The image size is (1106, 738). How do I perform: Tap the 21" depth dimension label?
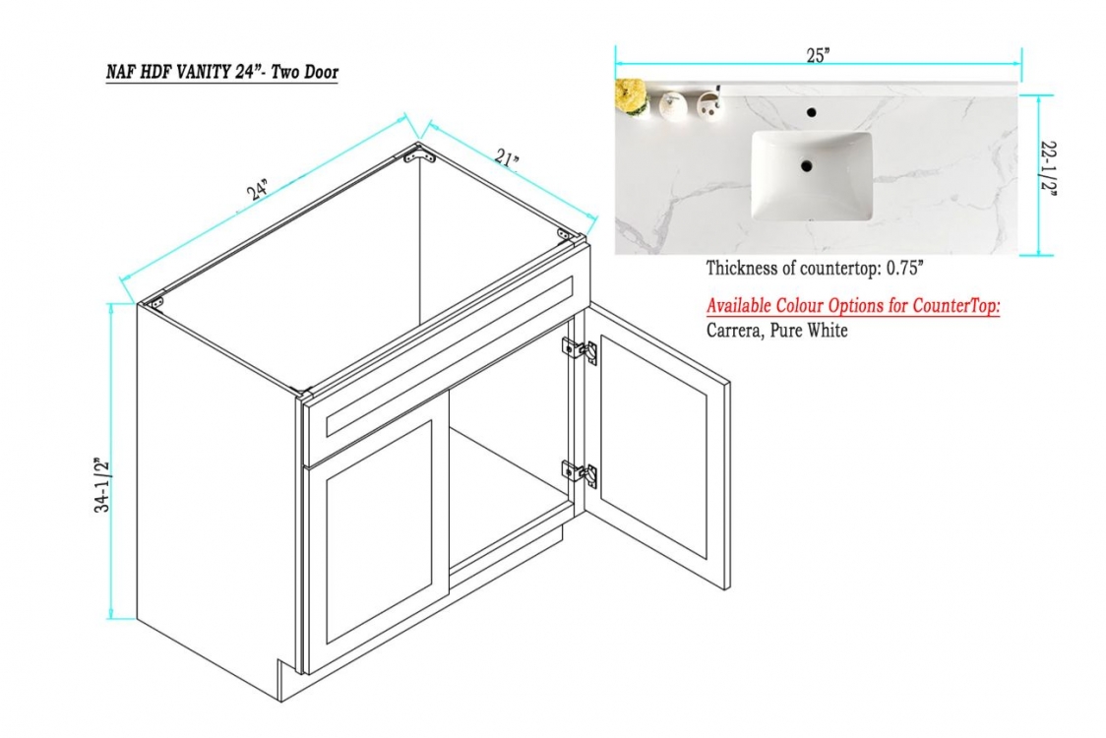click(507, 158)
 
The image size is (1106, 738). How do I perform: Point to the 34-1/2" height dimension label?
click(103, 485)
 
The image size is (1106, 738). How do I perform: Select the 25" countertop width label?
click(818, 56)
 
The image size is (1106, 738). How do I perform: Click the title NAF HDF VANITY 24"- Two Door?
click(222, 72)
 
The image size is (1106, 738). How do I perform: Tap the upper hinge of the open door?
click(580, 350)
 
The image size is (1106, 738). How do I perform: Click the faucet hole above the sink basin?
click(812, 111)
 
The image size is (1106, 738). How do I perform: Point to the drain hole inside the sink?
click(806, 166)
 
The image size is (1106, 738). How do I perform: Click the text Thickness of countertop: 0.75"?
click(815, 268)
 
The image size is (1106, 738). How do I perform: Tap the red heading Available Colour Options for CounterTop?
click(853, 305)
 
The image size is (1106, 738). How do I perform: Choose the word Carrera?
click(734, 331)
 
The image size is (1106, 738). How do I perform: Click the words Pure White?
click(809, 330)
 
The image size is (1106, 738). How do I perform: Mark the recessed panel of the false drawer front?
click(450, 356)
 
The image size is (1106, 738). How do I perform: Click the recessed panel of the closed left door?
click(380, 532)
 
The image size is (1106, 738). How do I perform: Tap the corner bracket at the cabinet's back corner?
click(419, 154)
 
